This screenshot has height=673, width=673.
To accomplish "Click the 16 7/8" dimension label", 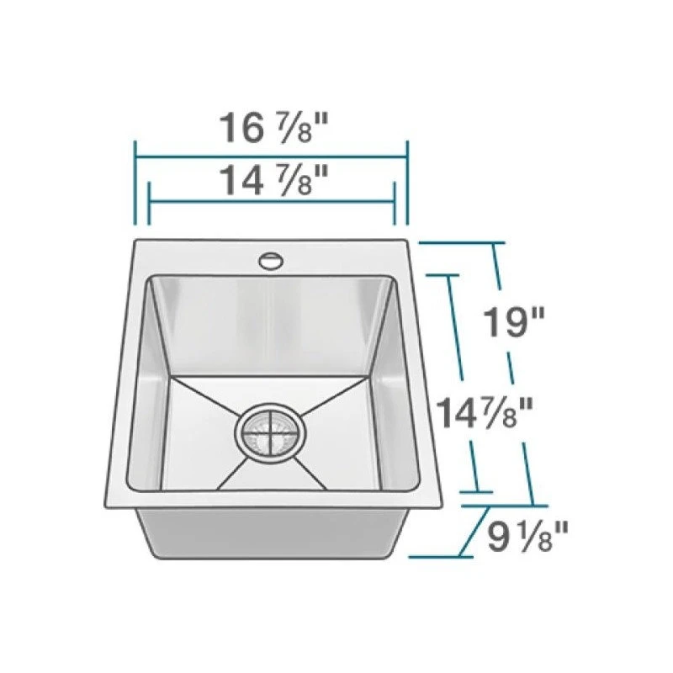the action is tap(274, 128).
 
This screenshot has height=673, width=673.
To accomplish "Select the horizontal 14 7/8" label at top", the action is tap(274, 181).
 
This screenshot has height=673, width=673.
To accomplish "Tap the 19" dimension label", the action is tap(514, 322).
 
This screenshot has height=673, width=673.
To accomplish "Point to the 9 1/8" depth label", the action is tap(527, 536).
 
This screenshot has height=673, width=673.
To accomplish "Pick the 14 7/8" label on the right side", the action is tap(485, 413).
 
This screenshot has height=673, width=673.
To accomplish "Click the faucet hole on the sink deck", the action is tap(271, 262).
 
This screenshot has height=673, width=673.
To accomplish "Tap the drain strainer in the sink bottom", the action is tap(270, 433).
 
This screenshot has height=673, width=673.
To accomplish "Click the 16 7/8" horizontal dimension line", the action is tap(271, 157).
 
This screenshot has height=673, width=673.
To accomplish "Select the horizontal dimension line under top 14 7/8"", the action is tap(271, 201).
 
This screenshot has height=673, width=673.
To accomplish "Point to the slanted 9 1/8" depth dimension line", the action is tap(474, 532).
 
